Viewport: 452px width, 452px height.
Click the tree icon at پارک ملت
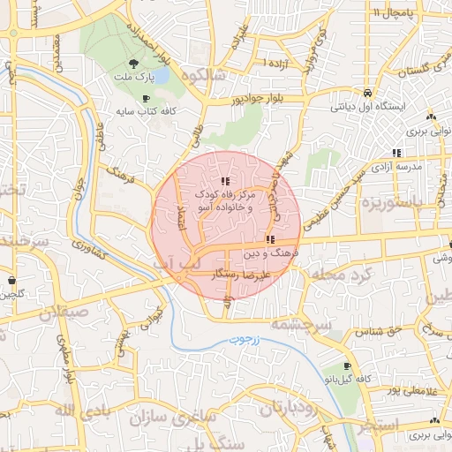point(132,63)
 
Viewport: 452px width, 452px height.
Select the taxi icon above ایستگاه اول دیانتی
point(366,93)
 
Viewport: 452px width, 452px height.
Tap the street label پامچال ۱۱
point(388,13)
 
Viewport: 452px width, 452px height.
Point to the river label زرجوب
point(234,338)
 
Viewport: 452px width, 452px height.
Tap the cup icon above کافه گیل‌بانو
point(347,365)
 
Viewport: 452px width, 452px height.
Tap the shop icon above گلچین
point(11,281)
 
